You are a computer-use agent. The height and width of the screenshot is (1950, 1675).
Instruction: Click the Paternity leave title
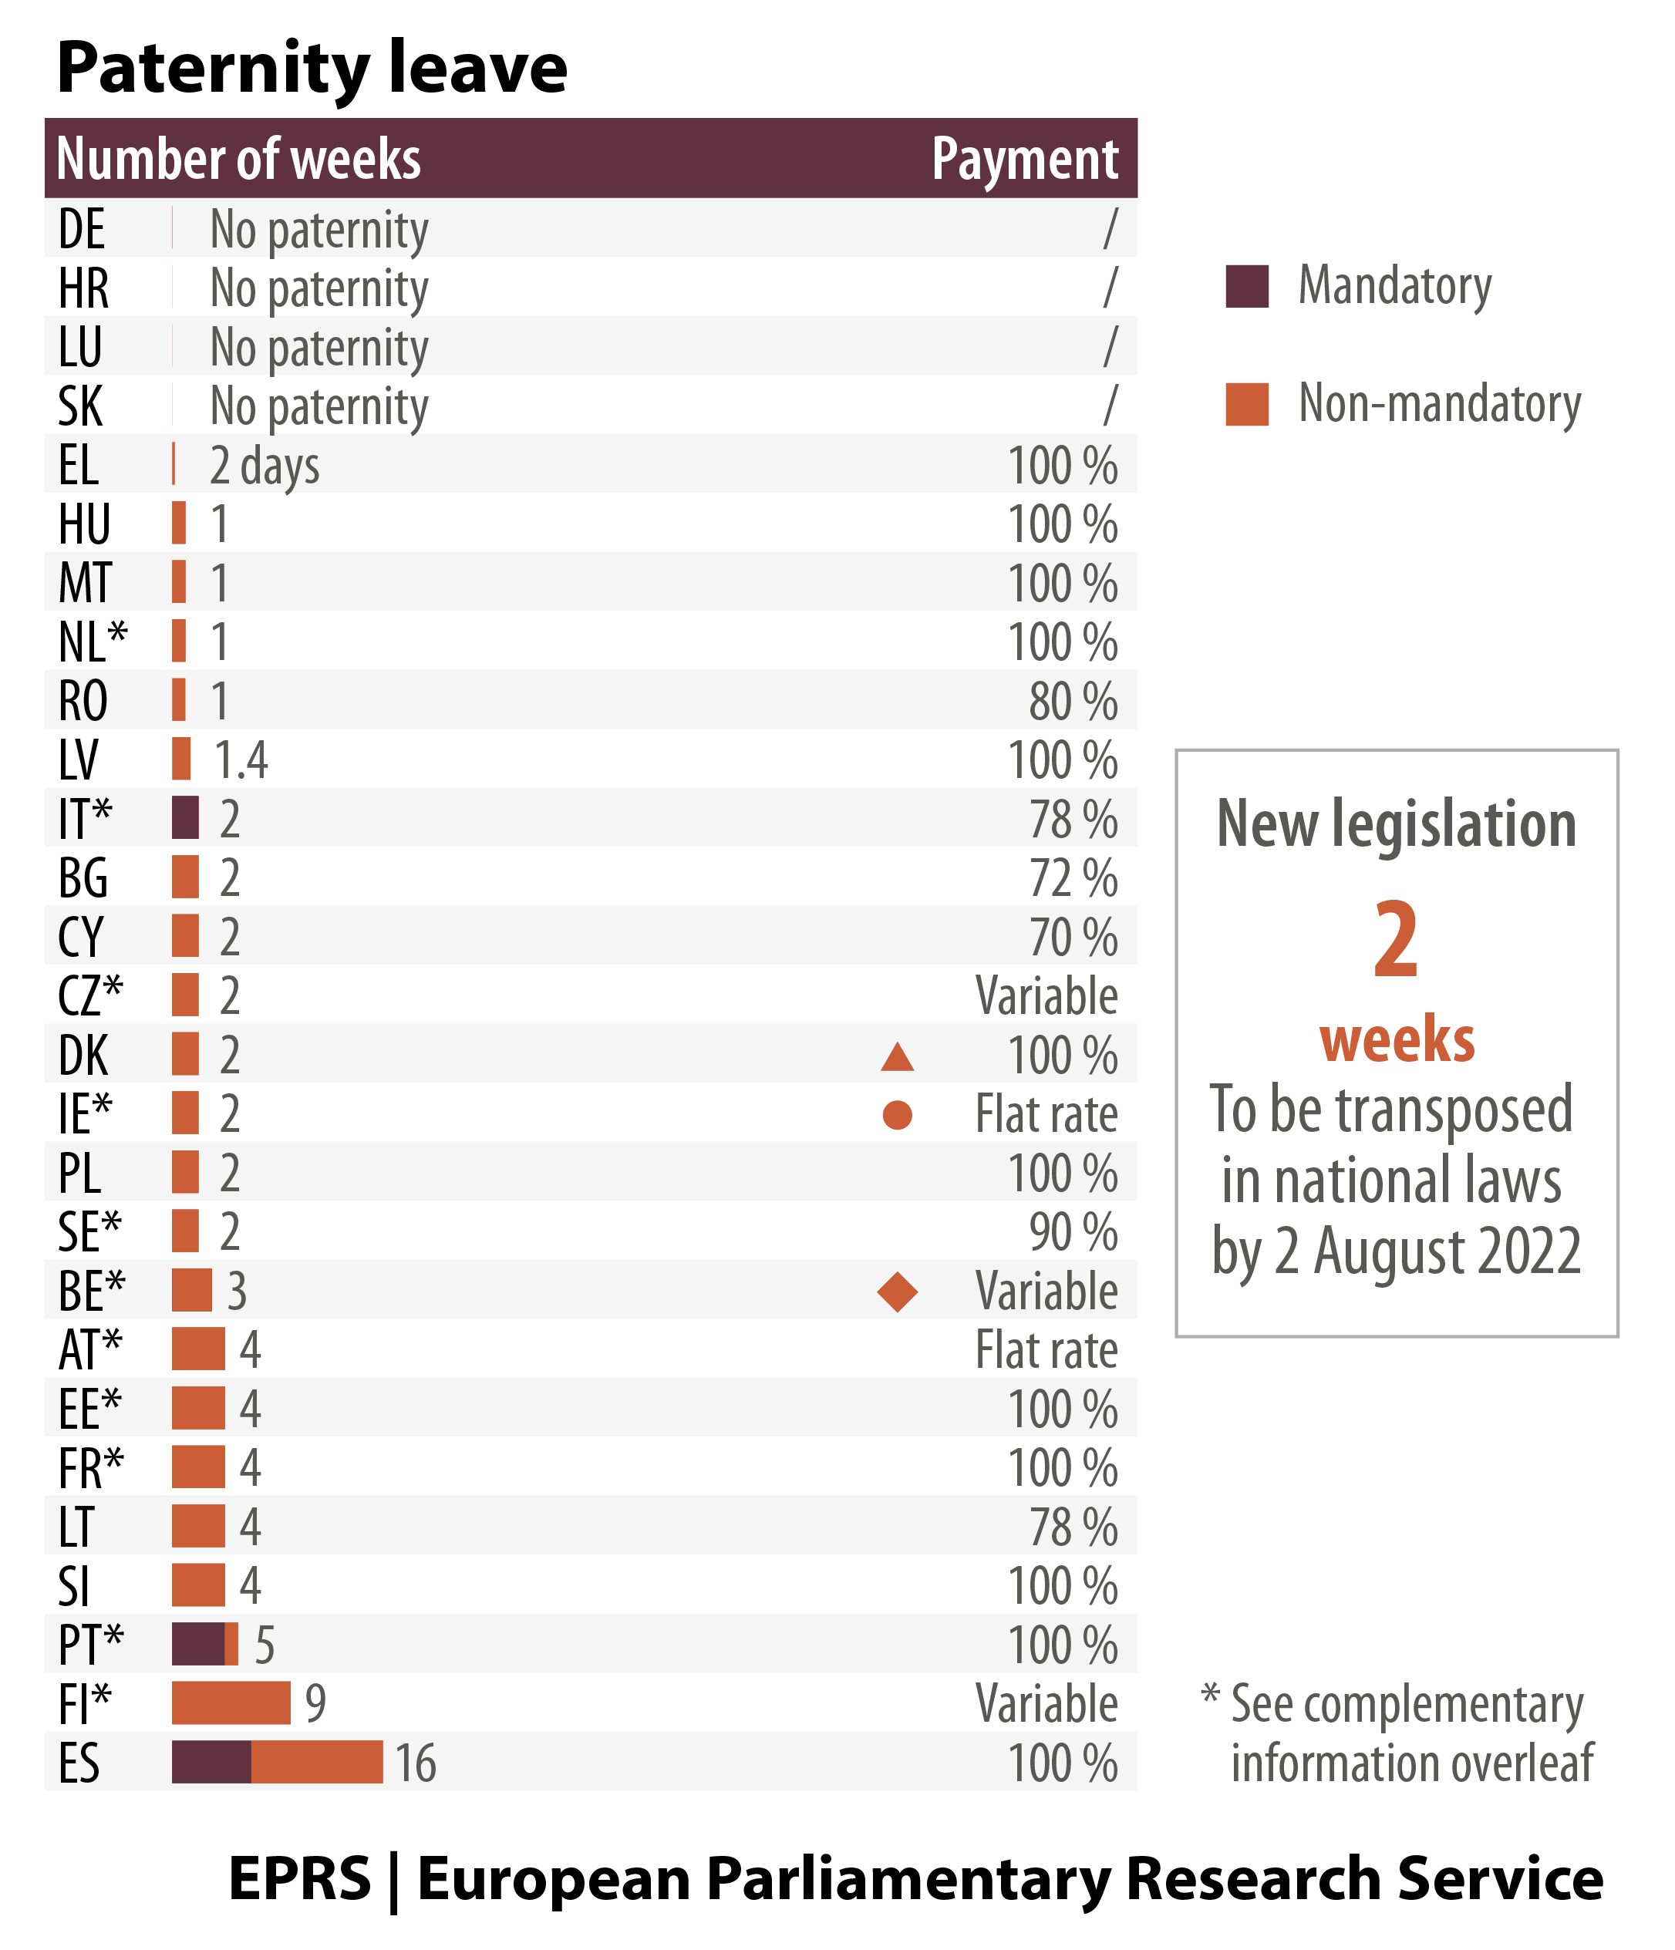pyautogui.click(x=312, y=68)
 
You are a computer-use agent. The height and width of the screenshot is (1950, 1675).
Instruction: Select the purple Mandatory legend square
pyautogui.click(x=1247, y=286)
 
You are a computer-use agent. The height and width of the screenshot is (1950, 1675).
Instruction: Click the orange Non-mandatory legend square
pyautogui.click(x=1247, y=404)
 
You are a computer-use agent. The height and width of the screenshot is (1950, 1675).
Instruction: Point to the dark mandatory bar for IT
pyautogui.click(x=185, y=817)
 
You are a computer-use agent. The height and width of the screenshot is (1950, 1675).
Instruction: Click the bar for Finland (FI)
pyautogui.click(x=231, y=1702)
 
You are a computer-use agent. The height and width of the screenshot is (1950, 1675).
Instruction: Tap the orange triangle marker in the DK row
pyautogui.click(x=897, y=1058)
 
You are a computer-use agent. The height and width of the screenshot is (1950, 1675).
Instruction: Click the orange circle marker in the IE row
pyautogui.click(x=897, y=1115)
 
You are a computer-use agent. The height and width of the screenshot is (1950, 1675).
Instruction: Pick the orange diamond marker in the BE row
pyautogui.click(x=897, y=1292)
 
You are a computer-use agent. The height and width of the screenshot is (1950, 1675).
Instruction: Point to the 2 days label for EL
pyautogui.click(x=265, y=466)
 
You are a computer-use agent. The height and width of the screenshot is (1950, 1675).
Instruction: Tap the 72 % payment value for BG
pyautogui.click(x=1073, y=879)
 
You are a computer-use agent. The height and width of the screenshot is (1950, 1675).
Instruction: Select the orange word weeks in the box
pyautogui.click(x=1397, y=1040)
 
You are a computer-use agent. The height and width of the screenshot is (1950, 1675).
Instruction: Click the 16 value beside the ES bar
pyautogui.click(x=415, y=1763)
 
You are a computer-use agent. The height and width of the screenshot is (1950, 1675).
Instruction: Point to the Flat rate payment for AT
pyautogui.click(x=1046, y=1351)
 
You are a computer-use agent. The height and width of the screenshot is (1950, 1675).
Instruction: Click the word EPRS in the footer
pyautogui.click(x=299, y=1879)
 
